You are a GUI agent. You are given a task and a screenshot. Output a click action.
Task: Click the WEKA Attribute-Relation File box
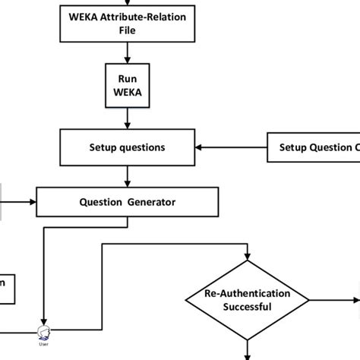pyautogui.click(x=127, y=24)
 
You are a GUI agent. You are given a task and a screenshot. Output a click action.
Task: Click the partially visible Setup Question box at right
pyautogui.click(x=314, y=147)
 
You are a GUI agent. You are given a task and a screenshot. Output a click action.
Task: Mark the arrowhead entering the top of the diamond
pyautogui.click(x=248, y=260)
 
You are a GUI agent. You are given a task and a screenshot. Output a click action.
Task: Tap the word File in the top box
pyautogui.click(x=127, y=31)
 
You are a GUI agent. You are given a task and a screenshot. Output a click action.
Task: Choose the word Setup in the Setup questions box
pyautogui.click(x=106, y=147)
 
